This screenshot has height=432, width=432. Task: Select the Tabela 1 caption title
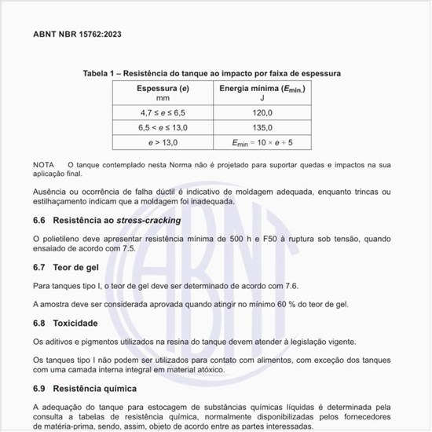click(212, 73)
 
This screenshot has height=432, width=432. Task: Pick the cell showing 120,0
click(262, 114)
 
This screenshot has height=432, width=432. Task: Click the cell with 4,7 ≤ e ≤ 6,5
click(163, 114)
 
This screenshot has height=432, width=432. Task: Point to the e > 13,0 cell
click(163, 142)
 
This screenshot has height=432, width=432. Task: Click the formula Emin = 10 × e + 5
click(262, 142)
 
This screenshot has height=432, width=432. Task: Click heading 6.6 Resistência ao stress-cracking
click(107, 220)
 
